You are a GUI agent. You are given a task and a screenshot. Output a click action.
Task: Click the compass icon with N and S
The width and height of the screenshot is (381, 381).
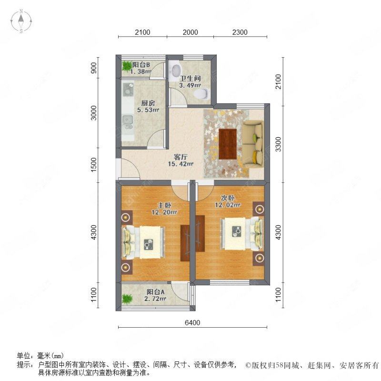[22, 21]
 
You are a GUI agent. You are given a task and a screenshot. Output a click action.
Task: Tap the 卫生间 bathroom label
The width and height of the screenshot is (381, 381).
[189, 78]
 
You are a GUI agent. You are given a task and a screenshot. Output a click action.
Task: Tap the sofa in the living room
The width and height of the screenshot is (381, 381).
[253, 143]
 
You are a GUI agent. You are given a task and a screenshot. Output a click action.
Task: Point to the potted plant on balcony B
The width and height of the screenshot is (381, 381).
[127, 66]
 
